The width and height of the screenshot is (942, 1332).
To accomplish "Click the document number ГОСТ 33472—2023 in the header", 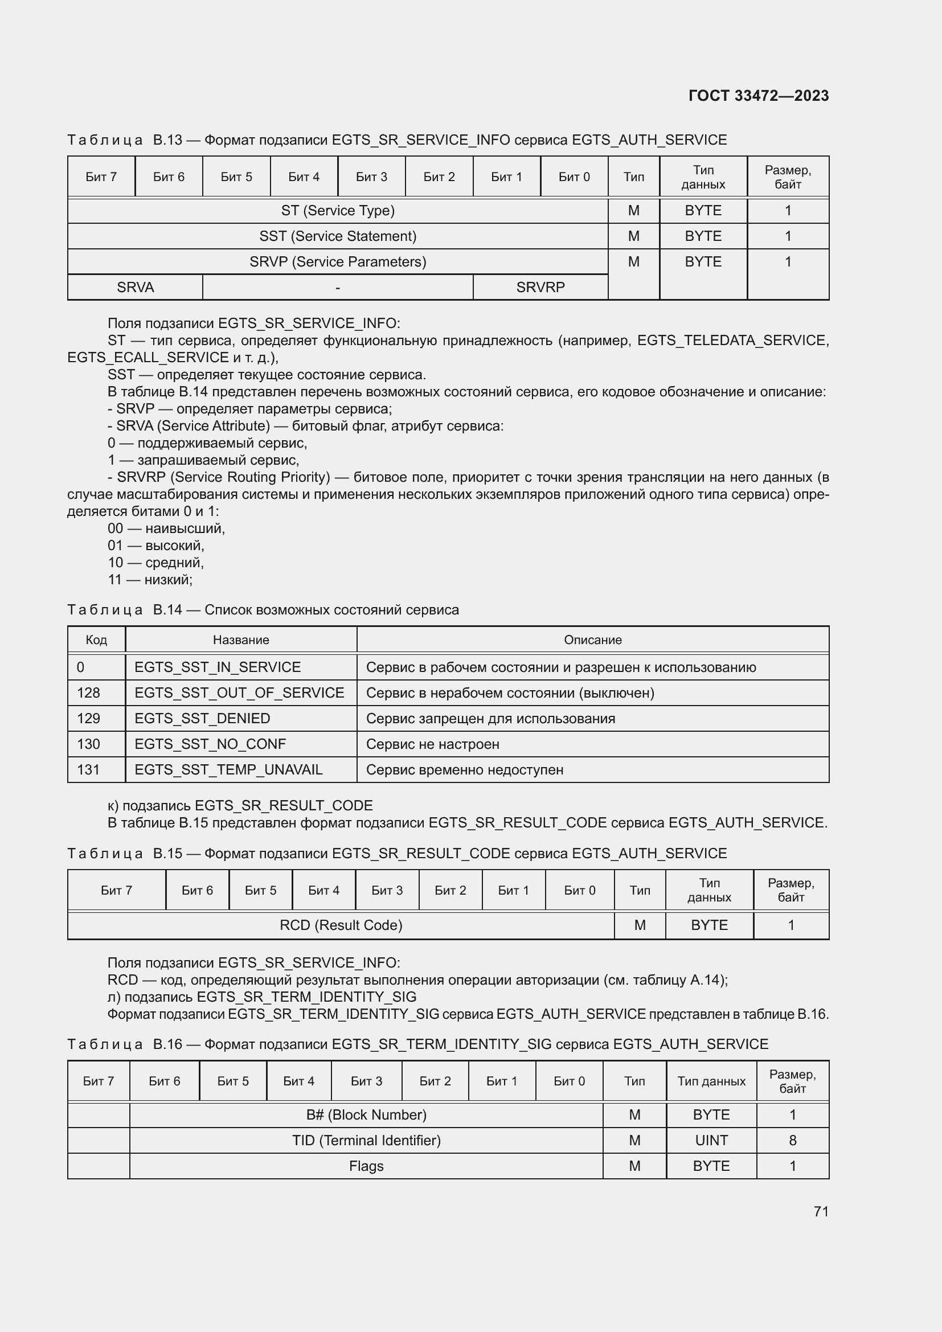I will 758,96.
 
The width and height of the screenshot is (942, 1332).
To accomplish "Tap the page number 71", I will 821,1211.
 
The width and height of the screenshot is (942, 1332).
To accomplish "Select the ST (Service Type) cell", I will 338,211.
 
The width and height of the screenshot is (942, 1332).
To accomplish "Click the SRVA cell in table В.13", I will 135,287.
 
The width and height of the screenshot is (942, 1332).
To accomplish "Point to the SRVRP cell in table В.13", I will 540,287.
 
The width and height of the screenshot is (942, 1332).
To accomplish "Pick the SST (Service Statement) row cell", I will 338,236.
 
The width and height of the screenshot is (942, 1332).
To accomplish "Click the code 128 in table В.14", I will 89,692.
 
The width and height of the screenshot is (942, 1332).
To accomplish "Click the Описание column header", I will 592,640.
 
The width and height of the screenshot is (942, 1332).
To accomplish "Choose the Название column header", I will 241,640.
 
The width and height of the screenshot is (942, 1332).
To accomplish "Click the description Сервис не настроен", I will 433,744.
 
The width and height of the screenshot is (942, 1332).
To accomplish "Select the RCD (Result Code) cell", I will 341,925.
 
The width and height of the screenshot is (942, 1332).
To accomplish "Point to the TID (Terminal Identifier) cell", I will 366,1140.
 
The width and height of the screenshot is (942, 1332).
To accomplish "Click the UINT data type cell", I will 711,1140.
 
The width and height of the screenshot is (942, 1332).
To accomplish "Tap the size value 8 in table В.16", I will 792,1140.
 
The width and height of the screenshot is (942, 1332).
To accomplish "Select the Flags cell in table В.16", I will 366,1166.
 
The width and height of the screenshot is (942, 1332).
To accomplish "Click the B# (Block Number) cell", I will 366,1114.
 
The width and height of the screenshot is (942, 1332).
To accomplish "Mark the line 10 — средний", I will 155,562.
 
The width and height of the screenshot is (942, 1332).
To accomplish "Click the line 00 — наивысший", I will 166,528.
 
